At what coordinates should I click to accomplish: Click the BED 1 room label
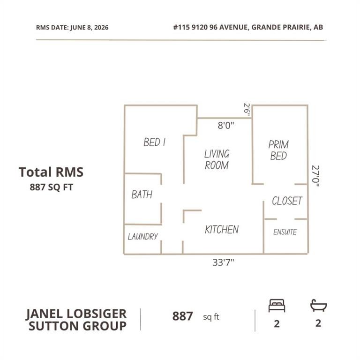pos(154,142)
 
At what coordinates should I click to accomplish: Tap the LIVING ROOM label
pos(217,159)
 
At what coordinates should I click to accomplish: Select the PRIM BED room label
pos(278,150)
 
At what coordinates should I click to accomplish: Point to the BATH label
pos(142,195)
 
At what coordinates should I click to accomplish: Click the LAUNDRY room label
pos(143,236)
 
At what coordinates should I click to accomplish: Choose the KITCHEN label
pos(222,229)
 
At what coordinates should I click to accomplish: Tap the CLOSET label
pos(287,201)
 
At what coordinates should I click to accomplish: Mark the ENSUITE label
pos(285,232)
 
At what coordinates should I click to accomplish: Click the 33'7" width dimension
pos(223,262)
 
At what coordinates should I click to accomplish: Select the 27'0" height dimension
pos(315,176)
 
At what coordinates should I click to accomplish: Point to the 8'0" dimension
pos(226,125)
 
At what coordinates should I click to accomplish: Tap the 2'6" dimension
pos(247,110)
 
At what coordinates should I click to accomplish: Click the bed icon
pos(277,306)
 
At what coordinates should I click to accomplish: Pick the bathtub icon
pos(318,305)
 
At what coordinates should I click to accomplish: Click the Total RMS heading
pos(51,172)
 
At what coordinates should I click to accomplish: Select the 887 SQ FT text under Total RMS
pos(51,187)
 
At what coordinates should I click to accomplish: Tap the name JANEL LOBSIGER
pos(76,314)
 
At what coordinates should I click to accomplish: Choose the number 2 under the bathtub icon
pos(318,323)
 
